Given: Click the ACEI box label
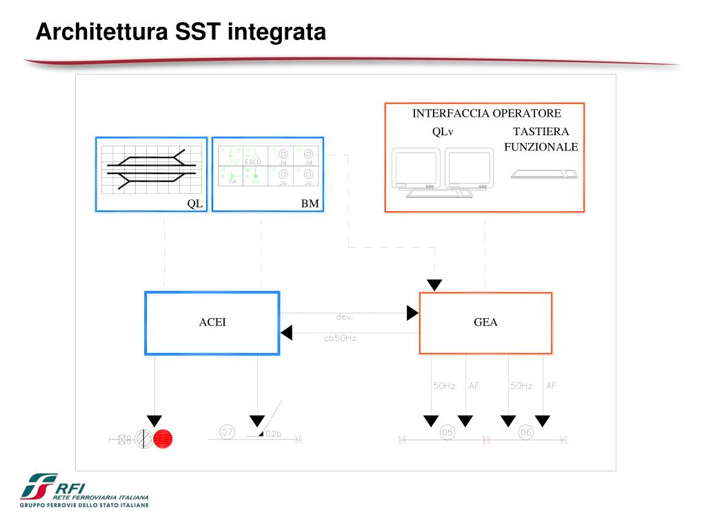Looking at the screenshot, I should pos(212,322).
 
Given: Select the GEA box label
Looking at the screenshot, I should pos(485,322).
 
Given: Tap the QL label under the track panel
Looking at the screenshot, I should pos(195,204).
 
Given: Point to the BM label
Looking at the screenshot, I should pos(310,204).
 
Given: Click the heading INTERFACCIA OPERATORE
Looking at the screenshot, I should pos(487,113).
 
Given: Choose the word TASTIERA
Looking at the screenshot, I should pos(541,132).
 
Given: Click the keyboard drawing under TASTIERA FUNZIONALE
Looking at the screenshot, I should pos(544,174).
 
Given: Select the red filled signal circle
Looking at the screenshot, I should pos(163,438).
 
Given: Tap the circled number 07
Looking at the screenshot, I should pos(228,432).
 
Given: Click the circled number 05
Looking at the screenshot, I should pos(447,433).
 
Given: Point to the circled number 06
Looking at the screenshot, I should pos(526,433).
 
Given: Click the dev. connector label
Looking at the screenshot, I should pos(345,317).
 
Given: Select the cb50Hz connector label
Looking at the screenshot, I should pos(340,338).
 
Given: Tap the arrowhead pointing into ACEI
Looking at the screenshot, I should pos(286,333).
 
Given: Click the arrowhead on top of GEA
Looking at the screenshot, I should pos(434,285).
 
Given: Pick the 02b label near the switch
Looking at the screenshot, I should pos(273,434).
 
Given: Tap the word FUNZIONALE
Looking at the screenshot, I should pos(541,147).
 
